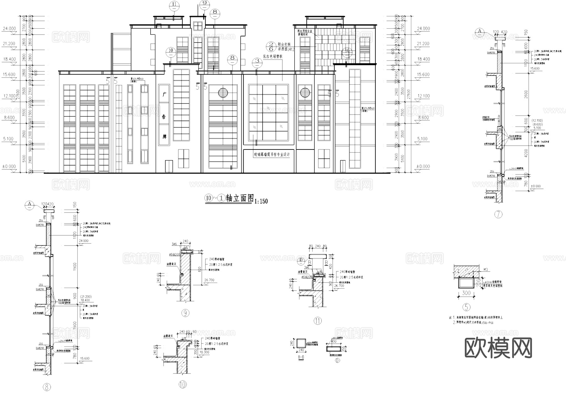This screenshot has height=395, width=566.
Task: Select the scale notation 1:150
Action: coord(261,201)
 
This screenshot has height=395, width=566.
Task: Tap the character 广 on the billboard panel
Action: coord(164,94)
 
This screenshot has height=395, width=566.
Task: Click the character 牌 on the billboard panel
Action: coord(164,137)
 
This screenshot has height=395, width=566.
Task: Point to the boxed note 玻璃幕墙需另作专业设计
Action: coord(269,155)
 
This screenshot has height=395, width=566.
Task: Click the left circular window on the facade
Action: coord(223,92)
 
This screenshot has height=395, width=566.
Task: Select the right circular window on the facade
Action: coord(305,93)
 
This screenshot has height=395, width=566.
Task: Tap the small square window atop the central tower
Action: coord(198,26)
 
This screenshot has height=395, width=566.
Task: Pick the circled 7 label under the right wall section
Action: coord(498,214)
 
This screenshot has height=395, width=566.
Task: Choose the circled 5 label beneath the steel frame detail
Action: coord(466,307)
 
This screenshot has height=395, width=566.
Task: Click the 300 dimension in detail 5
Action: coord(466,293)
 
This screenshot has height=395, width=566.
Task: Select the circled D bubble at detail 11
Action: coord(301,260)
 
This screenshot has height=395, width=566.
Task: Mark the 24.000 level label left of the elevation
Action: coord(9,29)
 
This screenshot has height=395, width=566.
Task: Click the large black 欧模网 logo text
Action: coord(498,348)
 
